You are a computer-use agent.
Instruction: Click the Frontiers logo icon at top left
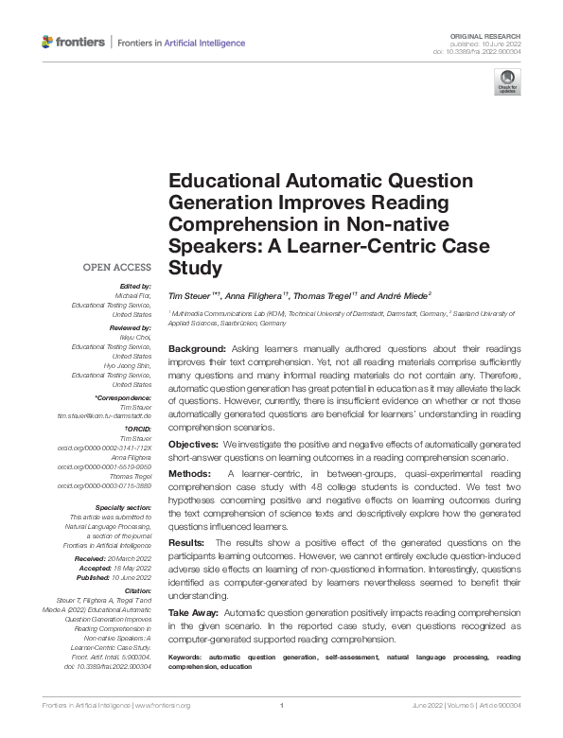click(48, 42)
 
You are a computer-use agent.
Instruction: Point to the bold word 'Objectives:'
click(193, 444)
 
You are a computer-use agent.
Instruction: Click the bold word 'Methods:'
click(189, 472)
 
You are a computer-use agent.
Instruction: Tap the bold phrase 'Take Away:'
click(194, 613)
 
